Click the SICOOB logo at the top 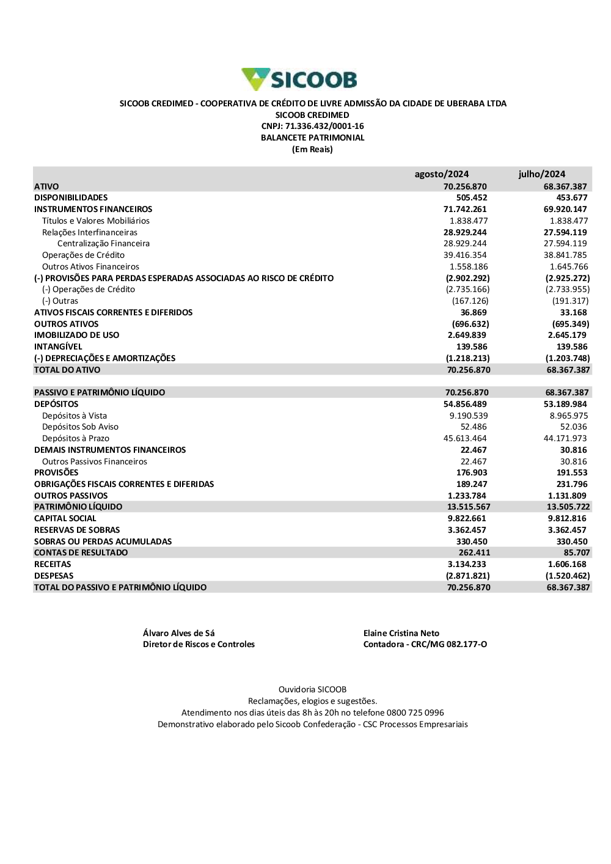pos(299,79)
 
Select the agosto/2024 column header pos(442,174)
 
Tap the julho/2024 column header pos(542,174)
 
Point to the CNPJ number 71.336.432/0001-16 pos(324,126)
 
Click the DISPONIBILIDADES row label pos(71,198)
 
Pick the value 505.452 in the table pos(472,198)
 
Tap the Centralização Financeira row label pos(103,244)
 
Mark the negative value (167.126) pos(470,301)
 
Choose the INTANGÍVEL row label pos(58,347)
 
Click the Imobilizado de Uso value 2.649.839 pos(467,335)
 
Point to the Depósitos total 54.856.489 pos(465,405)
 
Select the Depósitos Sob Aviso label pos(80,427)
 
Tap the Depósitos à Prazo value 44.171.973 pos(565,439)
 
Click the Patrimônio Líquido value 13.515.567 pos(469,507)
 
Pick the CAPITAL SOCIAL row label pos(65,519)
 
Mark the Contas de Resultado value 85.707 pos(577,553)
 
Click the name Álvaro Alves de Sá pos(179,634)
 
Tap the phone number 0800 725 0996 pos(415,713)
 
